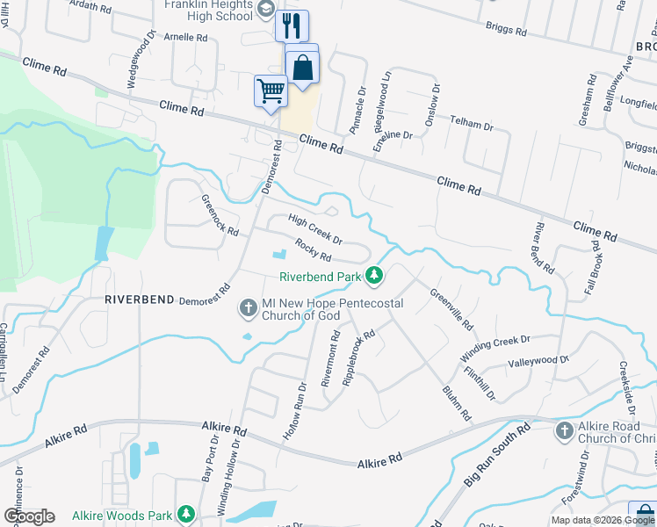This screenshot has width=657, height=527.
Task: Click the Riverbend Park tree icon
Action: [x=375, y=276]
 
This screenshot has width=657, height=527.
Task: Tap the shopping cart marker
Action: [x=271, y=90]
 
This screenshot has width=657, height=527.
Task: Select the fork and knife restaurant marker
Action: [x=292, y=25]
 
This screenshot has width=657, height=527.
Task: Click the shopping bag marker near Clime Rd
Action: [x=302, y=67]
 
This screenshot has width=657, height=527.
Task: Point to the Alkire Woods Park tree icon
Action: [x=185, y=513]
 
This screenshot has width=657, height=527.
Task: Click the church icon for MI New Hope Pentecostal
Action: [x=248, y=309]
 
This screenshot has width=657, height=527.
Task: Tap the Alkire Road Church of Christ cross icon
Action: [x=564, y=430]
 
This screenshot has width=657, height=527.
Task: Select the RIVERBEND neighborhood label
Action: [x=138, y=299]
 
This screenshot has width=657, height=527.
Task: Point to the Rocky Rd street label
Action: [x=313, y=250]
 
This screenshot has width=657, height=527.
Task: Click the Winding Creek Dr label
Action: [x=495, y=348]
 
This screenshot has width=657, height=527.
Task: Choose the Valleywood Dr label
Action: [x=538, y=361]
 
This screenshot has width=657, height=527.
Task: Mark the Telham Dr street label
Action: [x=472, y=125]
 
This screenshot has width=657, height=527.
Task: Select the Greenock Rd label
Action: [x=220, y=215]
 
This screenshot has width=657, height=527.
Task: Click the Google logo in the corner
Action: [x=29, y=516]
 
